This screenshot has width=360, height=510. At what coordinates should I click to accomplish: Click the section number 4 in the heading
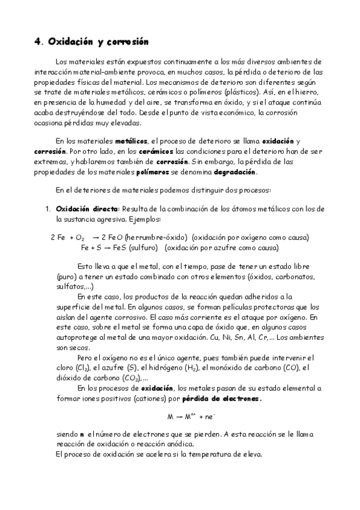pyautogui.click(x=37, y=42)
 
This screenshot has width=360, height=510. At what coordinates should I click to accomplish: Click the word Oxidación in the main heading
pyautogui.click(x=69, y=41)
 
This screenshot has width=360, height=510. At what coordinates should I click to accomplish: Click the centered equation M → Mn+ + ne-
pyautogui.click(x=189, y=416)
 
